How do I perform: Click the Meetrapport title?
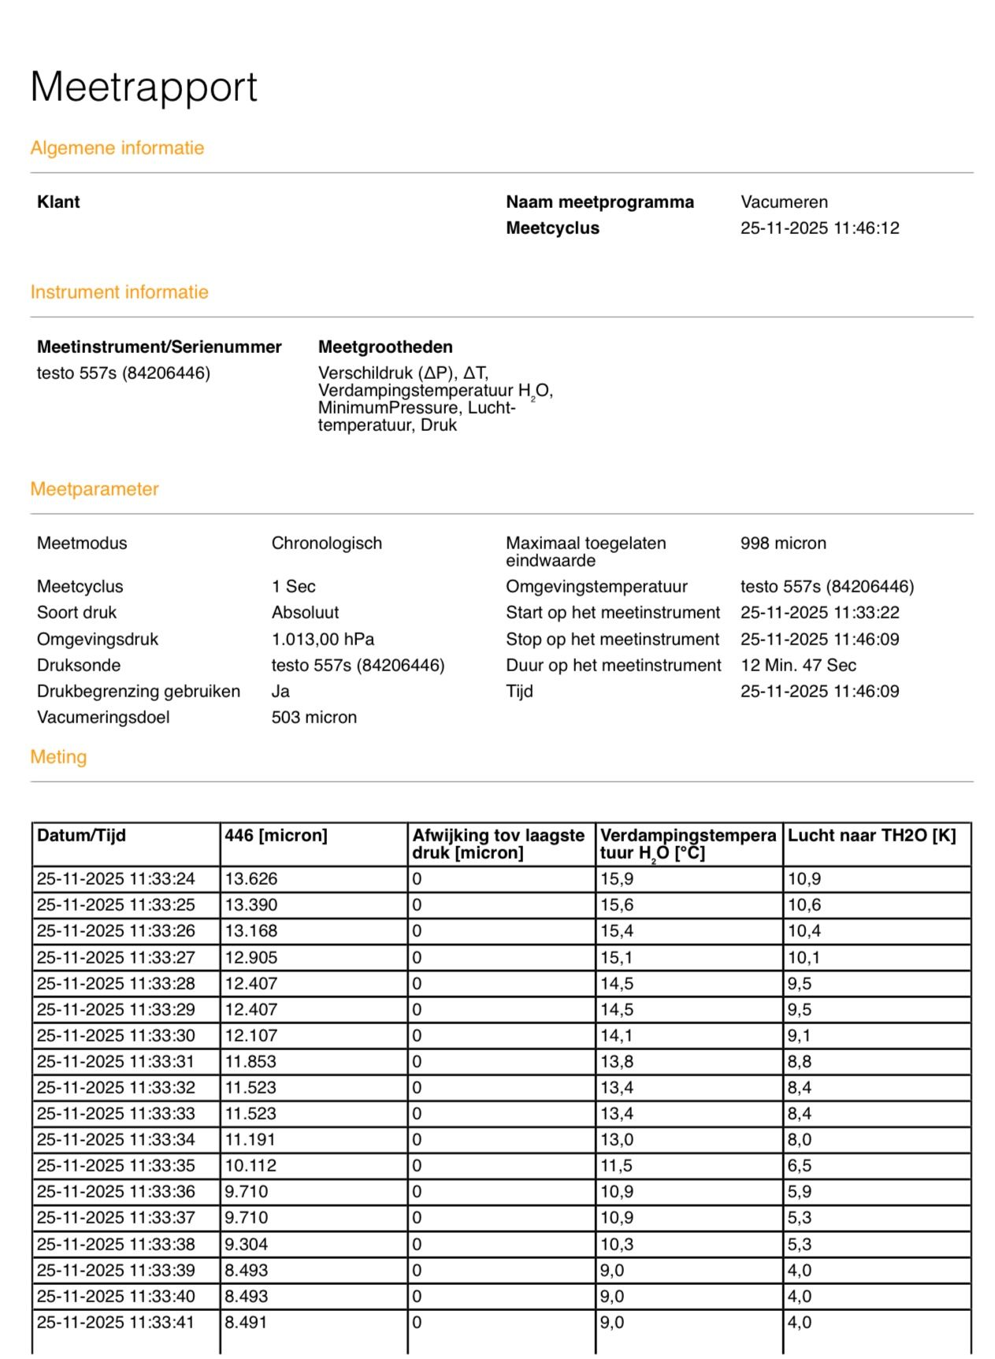143,87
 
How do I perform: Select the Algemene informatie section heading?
117,148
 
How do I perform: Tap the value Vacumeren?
783,202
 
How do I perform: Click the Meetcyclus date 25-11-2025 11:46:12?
819,228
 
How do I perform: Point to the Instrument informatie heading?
119,292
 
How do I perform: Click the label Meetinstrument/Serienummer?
159,347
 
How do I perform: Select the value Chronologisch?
326,544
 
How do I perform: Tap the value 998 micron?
782,544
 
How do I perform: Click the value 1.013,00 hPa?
322,639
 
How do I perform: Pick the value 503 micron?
314,718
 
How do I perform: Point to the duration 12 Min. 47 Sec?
797,666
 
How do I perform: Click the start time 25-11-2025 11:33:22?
819,613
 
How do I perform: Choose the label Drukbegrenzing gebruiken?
138,692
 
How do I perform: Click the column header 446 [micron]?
276,836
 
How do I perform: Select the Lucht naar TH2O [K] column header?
871,836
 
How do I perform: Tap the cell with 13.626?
251,879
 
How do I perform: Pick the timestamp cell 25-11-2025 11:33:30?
116,1036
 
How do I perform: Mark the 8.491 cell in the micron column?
246,1323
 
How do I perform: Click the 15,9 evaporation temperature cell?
617,879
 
